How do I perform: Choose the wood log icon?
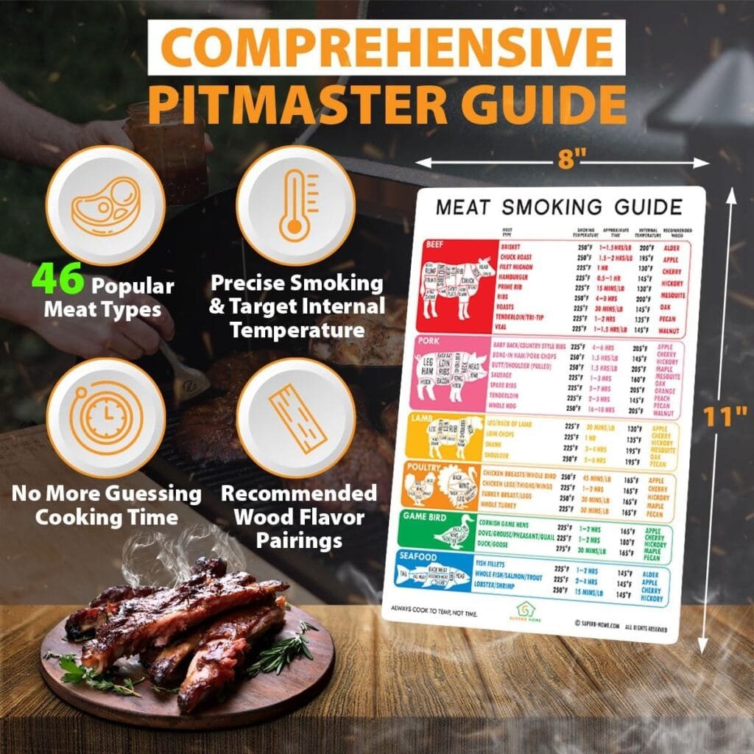pyautogui.click(x=294, y=417)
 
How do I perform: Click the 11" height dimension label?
pyautogui.click(x=725, y=418)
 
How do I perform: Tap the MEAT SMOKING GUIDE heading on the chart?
pyautogui.click(x=559, y=206)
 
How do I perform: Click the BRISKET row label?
pyautogui.click(x=515, y=247)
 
